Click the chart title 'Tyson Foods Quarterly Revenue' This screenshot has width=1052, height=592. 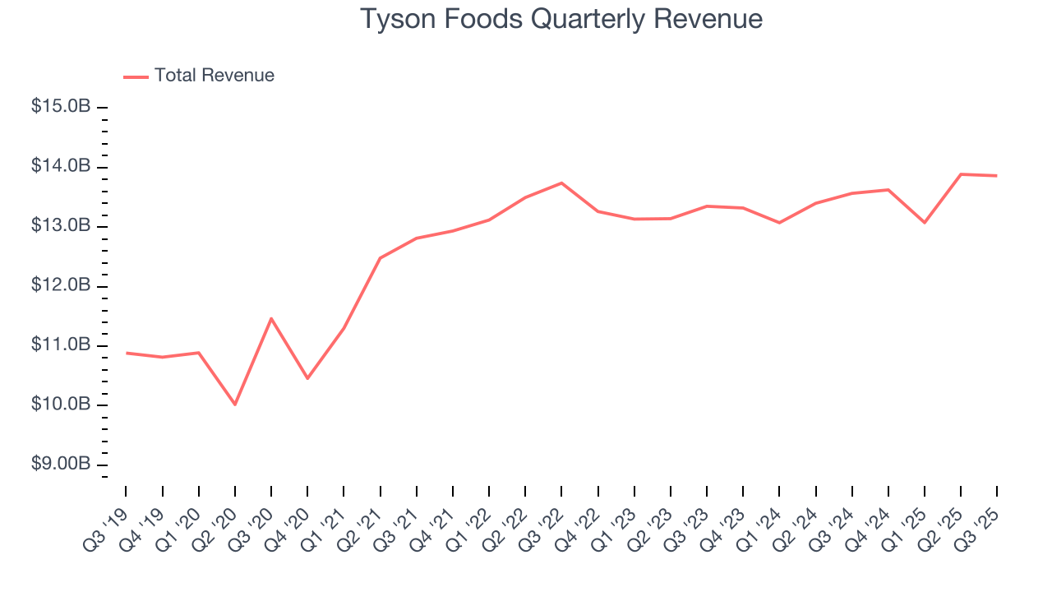tap(561, 20)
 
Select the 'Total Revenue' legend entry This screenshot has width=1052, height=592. tap(214, 76)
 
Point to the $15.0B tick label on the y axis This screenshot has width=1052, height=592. tap(60, 108)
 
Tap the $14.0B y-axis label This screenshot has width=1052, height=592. tap(60, 167)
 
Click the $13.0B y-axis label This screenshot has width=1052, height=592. tap(60, 227)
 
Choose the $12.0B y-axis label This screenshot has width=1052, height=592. tap(60, 286)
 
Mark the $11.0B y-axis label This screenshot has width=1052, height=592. tap(60, 345)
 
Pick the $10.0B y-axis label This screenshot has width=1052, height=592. tap(60, 405)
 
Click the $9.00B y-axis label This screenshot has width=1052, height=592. tap(60, 465)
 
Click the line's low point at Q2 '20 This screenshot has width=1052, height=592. tap(235, 404)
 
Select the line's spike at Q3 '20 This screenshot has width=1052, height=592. tap(271, 318)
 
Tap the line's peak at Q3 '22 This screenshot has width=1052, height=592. tap(561, 183)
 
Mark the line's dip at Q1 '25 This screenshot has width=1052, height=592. tap(925, 222)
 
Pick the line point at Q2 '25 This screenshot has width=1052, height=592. tap(961, 174)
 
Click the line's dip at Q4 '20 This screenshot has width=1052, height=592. tap(307, 378)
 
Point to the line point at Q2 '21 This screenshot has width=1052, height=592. tap(380, 258)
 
